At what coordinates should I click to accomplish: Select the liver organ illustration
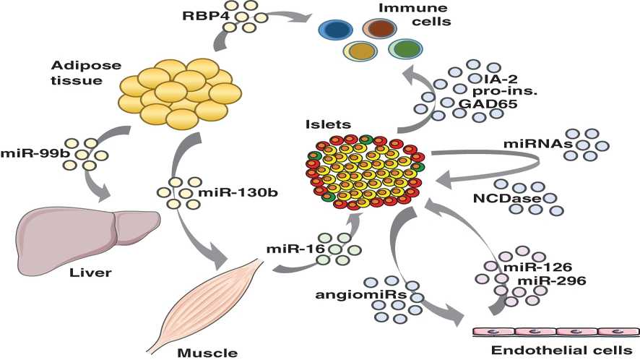[87, 233]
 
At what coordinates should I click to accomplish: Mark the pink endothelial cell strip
[555, 331]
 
